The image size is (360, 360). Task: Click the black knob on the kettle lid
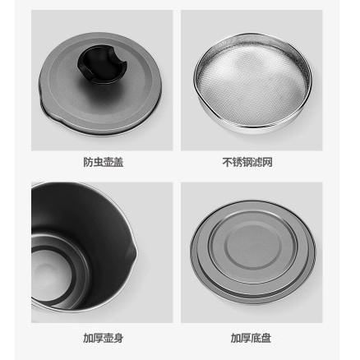pos(102,65)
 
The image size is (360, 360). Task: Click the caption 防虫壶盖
pos(104,162)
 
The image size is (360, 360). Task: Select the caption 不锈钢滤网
pos(247,162)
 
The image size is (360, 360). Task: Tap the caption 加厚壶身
pos(104,338)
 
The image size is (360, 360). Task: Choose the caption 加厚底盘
pos(251,338)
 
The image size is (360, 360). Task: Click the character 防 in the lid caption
pos(88,162)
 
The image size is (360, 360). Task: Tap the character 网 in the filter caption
pos(268,162)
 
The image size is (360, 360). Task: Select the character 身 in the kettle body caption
pos(118,338)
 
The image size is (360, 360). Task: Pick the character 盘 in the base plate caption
pos(266,338)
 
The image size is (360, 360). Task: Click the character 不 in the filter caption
pos(227,162)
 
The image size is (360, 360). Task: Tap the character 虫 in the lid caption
pos(98,162)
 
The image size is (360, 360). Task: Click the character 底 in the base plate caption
pos(256,338)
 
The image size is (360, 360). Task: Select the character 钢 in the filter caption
pos(247,162)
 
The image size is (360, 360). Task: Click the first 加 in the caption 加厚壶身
pos(88,338)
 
